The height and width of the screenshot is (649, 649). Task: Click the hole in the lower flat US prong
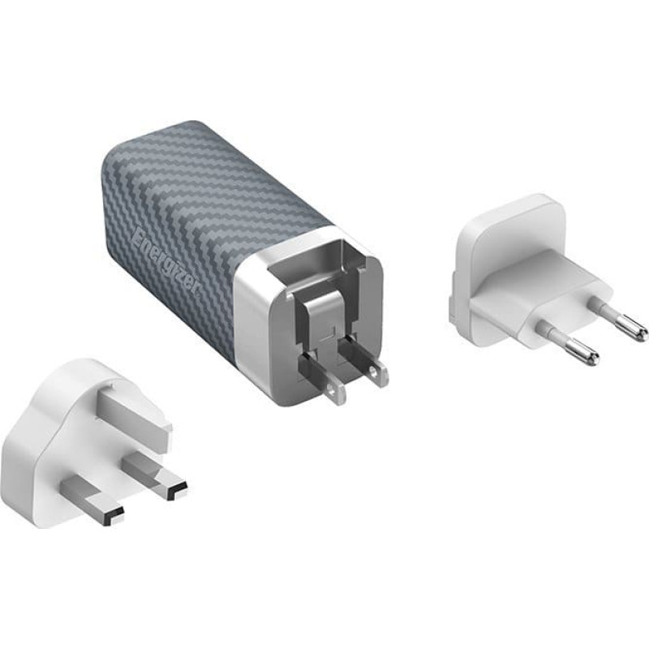pyautogui.click(x=330, y=389)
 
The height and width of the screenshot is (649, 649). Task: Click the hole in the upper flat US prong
pyautogui.click(x=375, y=371)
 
